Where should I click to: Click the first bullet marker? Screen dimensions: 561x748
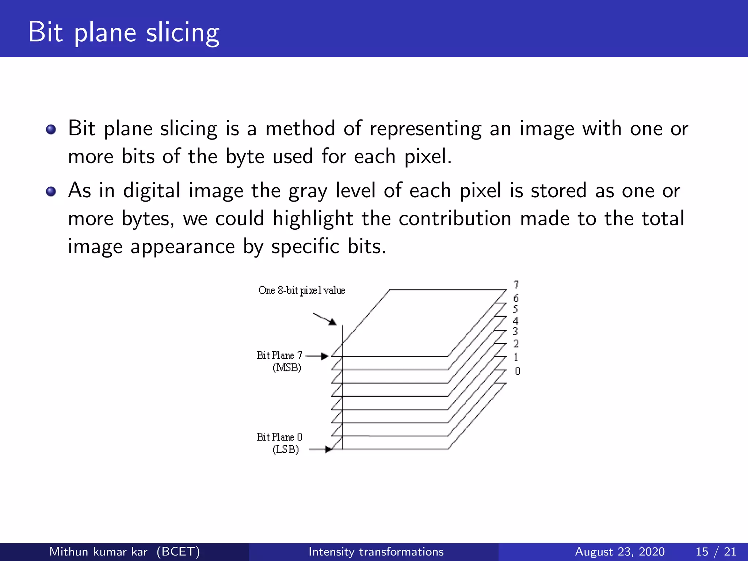51,129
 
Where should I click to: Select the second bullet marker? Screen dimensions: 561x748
51,191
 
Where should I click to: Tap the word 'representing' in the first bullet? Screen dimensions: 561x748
425,129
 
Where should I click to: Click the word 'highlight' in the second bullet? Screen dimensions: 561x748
313,219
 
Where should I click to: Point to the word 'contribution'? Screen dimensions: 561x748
455,219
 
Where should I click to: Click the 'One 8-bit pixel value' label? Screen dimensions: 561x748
301,290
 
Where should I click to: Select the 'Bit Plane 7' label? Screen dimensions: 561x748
279,355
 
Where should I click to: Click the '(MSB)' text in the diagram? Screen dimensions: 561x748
287,367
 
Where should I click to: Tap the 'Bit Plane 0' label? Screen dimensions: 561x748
279,437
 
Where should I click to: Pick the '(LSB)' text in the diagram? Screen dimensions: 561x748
285,449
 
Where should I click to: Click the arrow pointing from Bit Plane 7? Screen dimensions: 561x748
317,356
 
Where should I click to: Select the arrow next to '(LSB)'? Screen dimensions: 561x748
321,450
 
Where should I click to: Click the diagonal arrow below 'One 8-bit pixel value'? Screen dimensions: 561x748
325,318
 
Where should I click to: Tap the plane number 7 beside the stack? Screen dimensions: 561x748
516,285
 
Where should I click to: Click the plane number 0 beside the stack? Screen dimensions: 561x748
517,371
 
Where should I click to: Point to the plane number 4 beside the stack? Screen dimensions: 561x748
515,321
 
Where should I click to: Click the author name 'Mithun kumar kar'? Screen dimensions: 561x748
98,552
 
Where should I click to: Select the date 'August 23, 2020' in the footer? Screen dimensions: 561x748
619,552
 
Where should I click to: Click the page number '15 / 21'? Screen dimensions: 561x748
716,552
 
